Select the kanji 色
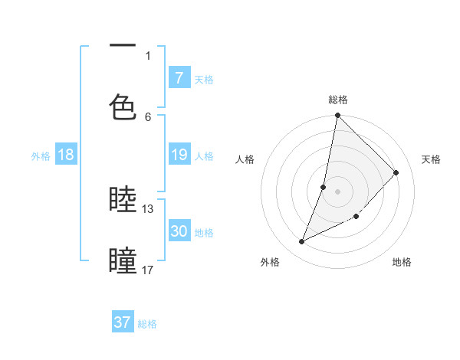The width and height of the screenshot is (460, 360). click(x=123, y=106)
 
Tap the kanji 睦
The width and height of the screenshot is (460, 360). click(x=123, y=200)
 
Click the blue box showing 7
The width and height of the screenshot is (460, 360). click(x=179, y=78)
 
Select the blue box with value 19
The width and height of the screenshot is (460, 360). click(x=179, y=155)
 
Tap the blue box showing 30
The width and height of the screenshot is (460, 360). click(x=179, y=231)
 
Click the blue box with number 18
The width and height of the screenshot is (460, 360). click(x=66, y=155)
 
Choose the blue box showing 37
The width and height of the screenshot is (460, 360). click(x=123, y=322)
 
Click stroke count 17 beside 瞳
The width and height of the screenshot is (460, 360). click(x=148, y=270)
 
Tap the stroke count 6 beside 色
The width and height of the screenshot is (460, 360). click(x=148, y=116)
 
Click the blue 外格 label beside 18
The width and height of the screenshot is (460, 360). click(x=41, y=155)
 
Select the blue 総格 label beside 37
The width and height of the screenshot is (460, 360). click(x=147, y=324)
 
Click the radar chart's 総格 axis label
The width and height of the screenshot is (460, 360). click(x=338, y=100)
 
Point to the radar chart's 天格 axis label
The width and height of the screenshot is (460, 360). click(x=431, y=159)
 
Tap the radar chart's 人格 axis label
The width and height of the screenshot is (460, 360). click(x=245, y=159)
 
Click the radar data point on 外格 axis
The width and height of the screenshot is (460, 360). click(x=302, y=242)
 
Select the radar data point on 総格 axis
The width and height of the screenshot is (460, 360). click(x=337, y=116)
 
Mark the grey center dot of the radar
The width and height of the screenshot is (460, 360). click(x=337, y=191)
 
